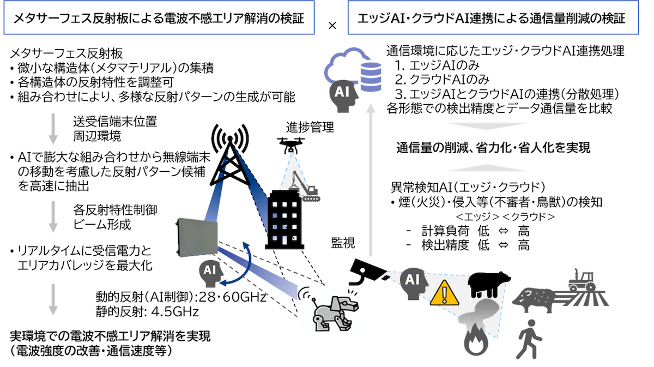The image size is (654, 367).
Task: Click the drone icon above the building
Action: coord(295,145)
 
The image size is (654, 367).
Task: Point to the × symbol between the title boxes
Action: coord(334,25)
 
